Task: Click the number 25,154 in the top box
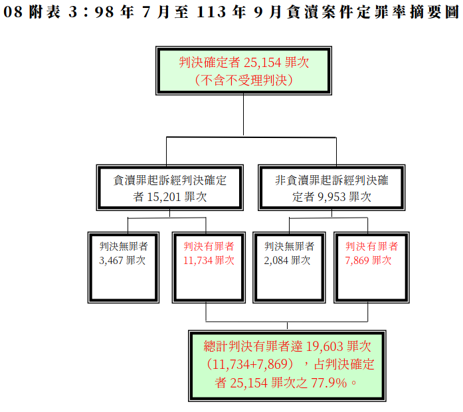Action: coord(262,62)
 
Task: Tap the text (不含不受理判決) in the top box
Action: coord(244,80)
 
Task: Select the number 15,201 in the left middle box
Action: coord(163,197)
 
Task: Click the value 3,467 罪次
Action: coord(122,261)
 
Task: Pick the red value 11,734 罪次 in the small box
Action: coord(209,261)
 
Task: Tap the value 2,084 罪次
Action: coord(287,261)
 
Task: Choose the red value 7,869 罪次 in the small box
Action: coord(368,261)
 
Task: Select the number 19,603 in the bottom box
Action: coord(324,347)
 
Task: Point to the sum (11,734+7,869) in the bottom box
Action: coord(250,364)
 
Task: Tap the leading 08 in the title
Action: coord(13,12)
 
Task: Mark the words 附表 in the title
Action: coord(45,12)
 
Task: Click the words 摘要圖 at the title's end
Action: coord(434,12)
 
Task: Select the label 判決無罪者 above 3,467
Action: coord(124,246)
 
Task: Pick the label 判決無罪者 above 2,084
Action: coord(289,246)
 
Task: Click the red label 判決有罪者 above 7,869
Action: coord(371,246)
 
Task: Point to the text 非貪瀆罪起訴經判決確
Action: coord(331,180)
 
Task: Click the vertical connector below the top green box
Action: coord(243,115)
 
